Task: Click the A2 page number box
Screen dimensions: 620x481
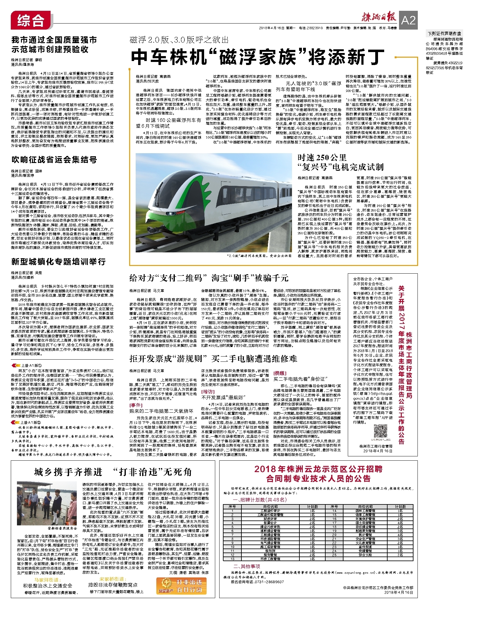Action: click(x=408, y=20)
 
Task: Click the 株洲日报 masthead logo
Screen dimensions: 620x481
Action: click(x=379, y=18)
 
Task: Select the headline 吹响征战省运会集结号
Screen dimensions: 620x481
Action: click(x=54, y=160)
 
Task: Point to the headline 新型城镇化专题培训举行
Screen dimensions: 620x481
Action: click(x=59, y=262)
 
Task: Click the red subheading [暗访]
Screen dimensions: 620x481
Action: click(x=208, y=392)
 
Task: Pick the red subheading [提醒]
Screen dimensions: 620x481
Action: click(x=280, y=373)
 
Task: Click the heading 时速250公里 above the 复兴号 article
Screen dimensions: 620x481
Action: click(x=322, y=157)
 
